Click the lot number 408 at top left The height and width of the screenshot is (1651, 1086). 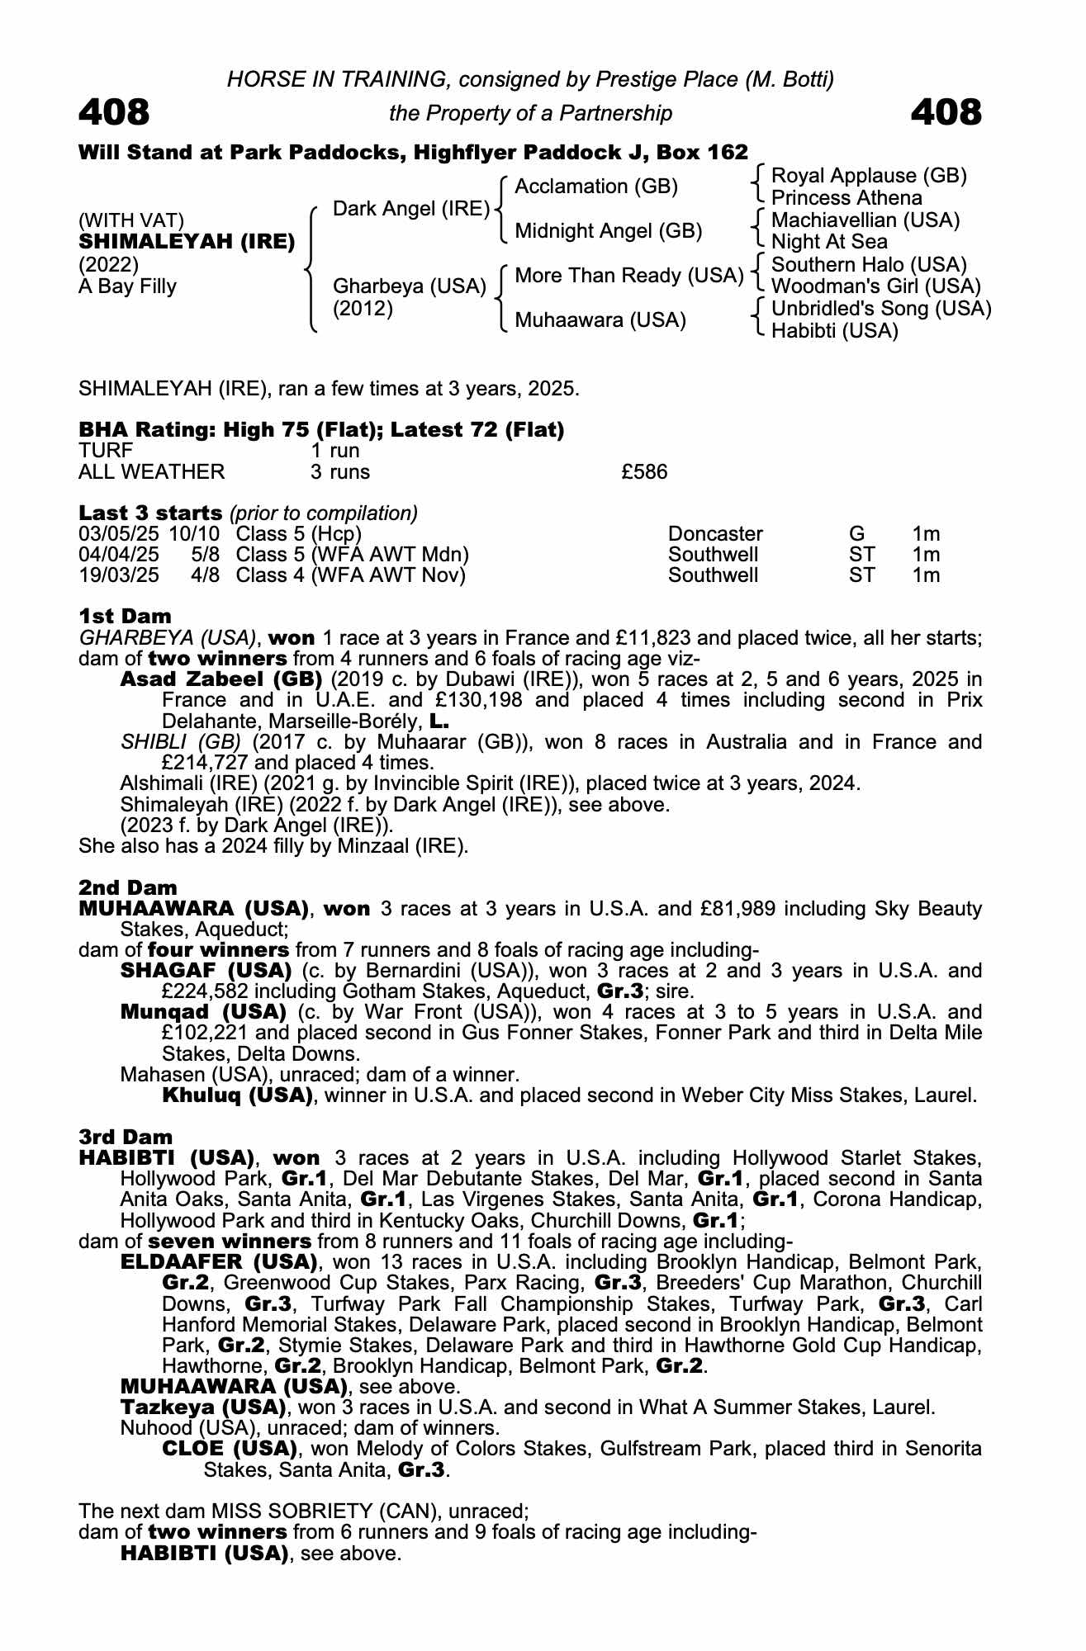114,112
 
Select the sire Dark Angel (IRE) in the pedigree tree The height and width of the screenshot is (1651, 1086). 411,209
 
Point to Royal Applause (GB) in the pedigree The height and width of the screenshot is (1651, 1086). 868,176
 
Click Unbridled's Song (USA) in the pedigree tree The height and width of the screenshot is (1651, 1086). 881,309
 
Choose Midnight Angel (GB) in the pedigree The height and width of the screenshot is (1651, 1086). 608,231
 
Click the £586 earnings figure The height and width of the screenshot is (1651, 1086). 644,472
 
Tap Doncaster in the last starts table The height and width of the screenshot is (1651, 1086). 715,534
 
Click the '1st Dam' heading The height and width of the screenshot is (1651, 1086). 126,616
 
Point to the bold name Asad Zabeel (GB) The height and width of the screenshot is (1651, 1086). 221,679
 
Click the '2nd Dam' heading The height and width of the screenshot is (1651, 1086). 128,887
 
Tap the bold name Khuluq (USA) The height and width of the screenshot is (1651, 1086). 237,1095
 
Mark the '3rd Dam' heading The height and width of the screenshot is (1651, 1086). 126,1137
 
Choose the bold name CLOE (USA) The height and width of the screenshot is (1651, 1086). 230,1449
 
